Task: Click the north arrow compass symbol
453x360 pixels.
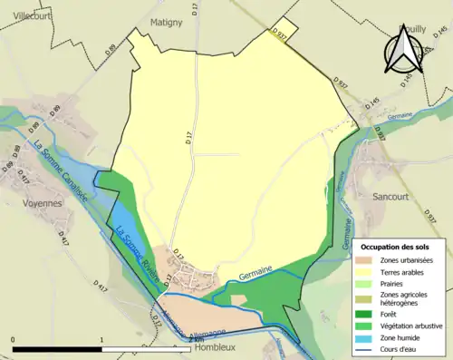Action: tap(404, 50)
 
